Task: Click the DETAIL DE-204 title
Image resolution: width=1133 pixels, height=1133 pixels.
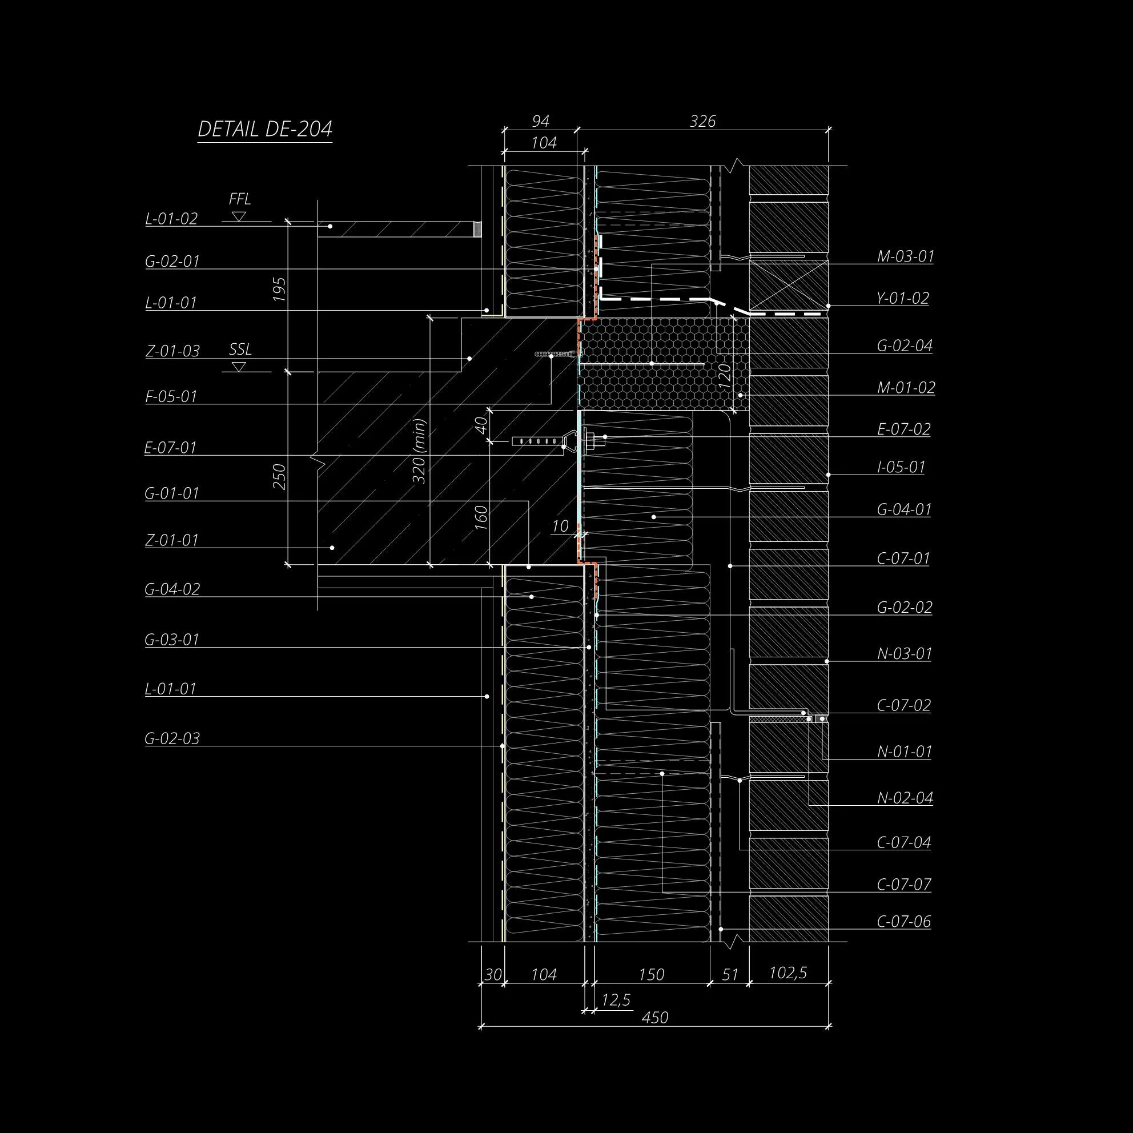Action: (265, 129)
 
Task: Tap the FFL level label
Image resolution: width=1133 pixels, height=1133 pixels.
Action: (240, 199)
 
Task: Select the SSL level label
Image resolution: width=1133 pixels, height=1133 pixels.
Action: (240, 349)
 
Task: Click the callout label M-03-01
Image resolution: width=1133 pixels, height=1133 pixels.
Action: (906, 256)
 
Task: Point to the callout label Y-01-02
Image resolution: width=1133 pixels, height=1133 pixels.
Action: (903, 299)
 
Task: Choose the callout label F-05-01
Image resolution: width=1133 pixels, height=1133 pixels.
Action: (171, 397)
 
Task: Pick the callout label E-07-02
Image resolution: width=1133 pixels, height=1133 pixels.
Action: (903, 429)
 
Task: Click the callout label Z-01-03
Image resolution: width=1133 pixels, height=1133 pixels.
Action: (172, 351)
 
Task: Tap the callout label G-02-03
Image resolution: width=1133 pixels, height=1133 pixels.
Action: (172, 738)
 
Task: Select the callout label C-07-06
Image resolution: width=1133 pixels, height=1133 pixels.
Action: (903, 922)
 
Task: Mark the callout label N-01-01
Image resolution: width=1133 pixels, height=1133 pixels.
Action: (905, 752)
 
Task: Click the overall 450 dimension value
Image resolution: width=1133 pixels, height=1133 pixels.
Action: (654, 1018)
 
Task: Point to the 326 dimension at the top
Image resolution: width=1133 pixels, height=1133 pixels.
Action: (702, 122)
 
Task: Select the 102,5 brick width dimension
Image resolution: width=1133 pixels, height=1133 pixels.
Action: (788, 973)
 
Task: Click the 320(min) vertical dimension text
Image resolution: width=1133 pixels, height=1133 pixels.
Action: (419, 451)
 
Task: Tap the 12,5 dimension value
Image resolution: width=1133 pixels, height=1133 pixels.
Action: (616, 1000)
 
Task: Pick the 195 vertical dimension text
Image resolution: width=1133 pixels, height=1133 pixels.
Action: (280, 289)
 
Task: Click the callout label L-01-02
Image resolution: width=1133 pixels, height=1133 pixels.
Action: (171, 219)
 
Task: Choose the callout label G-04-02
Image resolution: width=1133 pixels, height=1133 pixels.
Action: (172, 589)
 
